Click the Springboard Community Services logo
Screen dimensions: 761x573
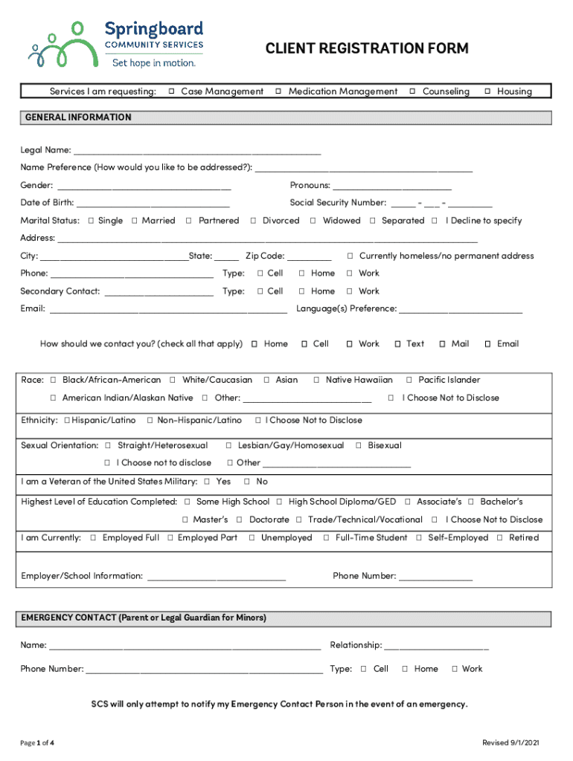coord(116,45)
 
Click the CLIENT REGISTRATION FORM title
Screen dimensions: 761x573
coord(367,49)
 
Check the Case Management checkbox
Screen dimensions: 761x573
coord(171,91)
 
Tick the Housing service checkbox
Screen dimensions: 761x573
coord(487,91)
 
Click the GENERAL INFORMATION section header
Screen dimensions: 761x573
coord(78,117)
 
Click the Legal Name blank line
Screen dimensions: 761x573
coord(197,152)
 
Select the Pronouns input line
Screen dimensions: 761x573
coord(391,187)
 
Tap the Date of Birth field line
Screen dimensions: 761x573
coord(153,204)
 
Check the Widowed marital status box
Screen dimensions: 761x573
coord(313,221)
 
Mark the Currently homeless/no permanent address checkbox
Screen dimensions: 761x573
coord(350,256)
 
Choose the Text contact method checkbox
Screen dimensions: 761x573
coord(398,344)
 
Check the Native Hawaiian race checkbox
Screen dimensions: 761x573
coord(317,380)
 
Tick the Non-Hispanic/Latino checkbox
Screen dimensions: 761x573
coord(150,421)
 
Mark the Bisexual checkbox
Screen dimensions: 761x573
coord(359,446)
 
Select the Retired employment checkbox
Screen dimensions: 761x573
coord(500,538)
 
